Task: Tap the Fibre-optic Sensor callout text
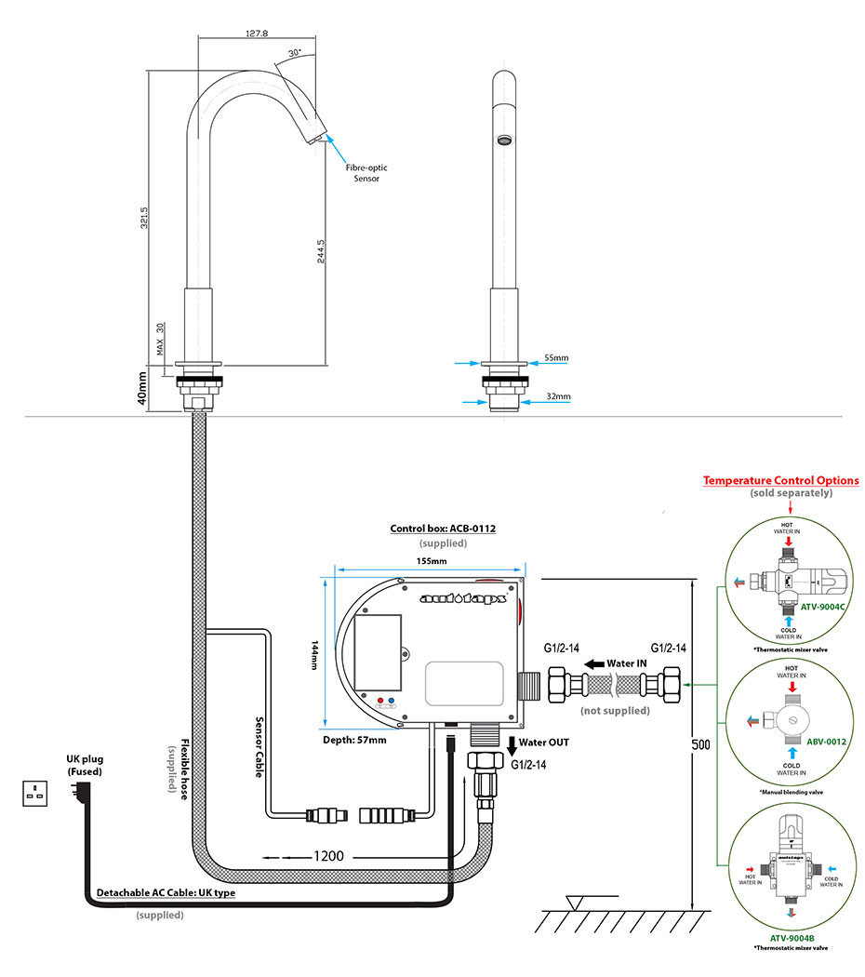pyautogui.click(x=366, y=173)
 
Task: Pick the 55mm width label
pyautogui.click(x=556, y=358)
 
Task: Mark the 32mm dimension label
pyautogui.click(x=558, y=396)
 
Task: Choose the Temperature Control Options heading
pyautogui.click(x=780, y=481)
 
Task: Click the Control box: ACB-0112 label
pyautogui.click(x=442, y=529)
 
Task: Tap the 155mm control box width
pyautogui.click(x=431, y=562)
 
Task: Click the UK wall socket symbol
pyautogui.click(x=36, y=793)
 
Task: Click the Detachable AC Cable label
pyautogui.click(x=166, y=893)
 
